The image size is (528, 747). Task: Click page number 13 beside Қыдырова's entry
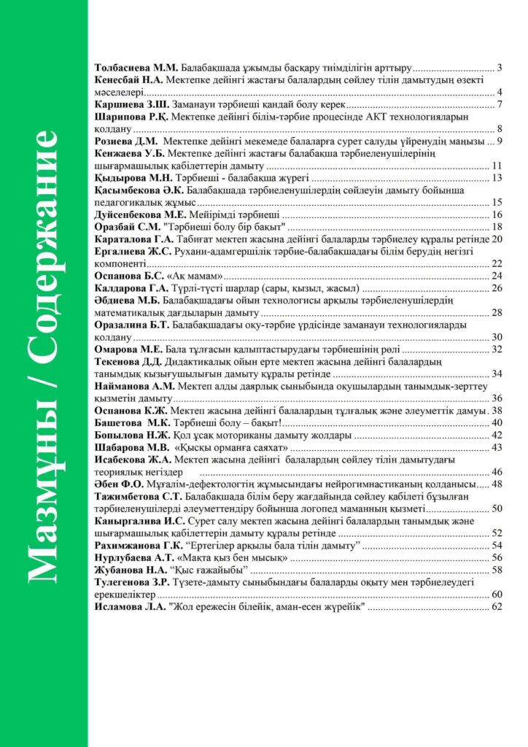click(498, 177)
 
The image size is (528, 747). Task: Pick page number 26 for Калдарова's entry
click(498, 288)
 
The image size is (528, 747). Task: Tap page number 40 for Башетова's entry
click(498, 422)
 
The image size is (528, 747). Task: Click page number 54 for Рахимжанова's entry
click(498, 545)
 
